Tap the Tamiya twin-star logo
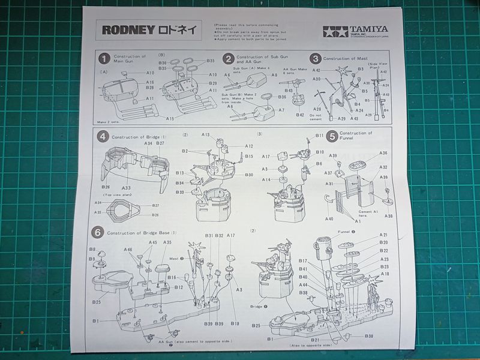coord(335,32)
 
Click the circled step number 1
coord(104,58)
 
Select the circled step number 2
coord(228,58)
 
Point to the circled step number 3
coord(315,58)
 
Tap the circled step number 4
coord(103,136)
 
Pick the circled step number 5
coord(331,136)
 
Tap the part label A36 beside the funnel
coord(383,153)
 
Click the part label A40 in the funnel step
coord(329,218)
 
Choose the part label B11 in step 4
coord(319,136)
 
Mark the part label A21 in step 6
coord(384,235)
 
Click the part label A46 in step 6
coord(128,249)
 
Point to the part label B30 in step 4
coord(249,175)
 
